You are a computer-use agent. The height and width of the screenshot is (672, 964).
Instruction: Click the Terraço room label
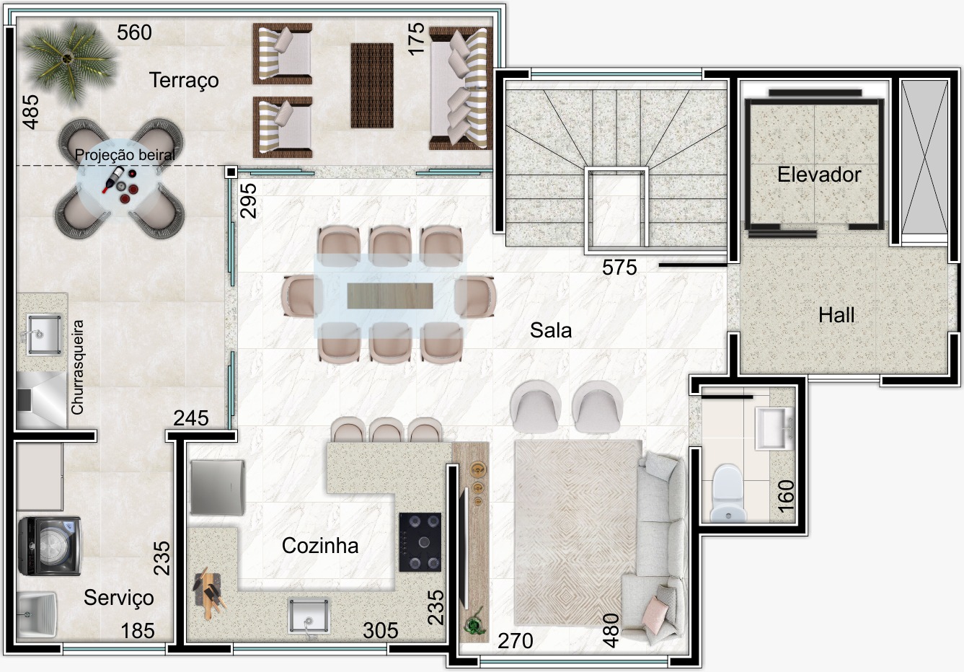[x=184, y=81]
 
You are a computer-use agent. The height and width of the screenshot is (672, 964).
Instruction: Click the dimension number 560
[x=134, y=32]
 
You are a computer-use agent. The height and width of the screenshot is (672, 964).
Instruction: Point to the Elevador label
[x=819, y=174]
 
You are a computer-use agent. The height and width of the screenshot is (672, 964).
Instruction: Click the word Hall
[x=836, y=315]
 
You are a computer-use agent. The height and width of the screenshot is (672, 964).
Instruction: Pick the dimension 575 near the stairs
[x=619, y=268]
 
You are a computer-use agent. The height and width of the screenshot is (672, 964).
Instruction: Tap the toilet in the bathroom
[x=728, y=493]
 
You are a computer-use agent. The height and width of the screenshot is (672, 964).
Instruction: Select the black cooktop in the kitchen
[x=420, y=542]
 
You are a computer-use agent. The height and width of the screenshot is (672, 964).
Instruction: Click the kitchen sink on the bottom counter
[x=309, y=616]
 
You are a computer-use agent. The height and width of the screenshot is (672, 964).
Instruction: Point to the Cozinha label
[x=320, y=546]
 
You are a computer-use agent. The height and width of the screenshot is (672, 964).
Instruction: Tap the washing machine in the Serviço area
[x=50, y=546]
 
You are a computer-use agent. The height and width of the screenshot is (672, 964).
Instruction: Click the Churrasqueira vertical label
[x=77, y=367]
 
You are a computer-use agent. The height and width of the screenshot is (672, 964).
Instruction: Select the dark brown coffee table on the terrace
[x=372, y=85]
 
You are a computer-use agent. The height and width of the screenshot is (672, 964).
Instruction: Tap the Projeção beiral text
[x=125, y=154]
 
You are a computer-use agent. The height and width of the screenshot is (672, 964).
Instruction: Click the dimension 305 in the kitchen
[x=381, y=631]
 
